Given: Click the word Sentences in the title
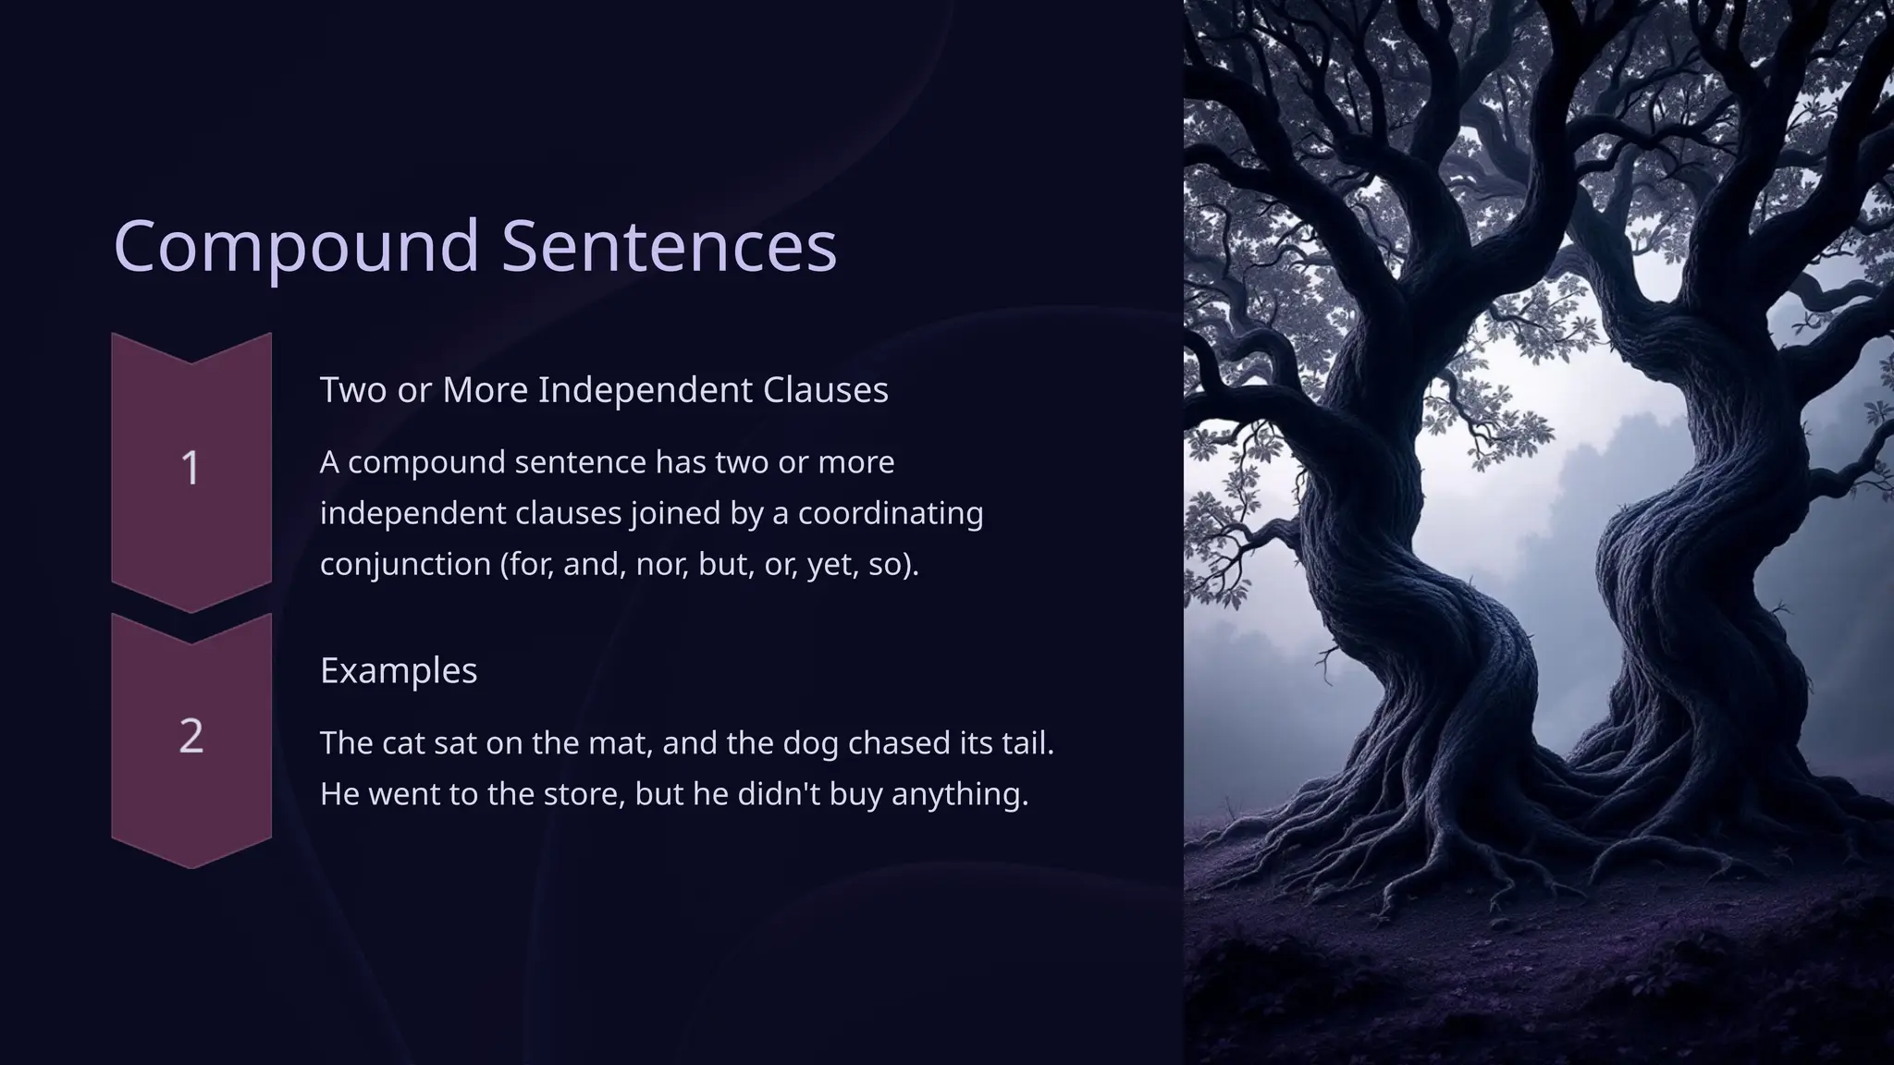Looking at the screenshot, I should click(669, 246).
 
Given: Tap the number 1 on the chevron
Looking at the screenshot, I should click(191, 468).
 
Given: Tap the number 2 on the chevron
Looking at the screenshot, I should click(191, 736).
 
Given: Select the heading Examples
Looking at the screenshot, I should click(399, 670).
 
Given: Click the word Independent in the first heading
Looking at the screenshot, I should click(646, 390).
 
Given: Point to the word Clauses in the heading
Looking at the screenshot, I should click(825, 390).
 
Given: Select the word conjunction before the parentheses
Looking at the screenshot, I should click(405, 564).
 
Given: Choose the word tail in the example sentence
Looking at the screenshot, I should click(1027, 743).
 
